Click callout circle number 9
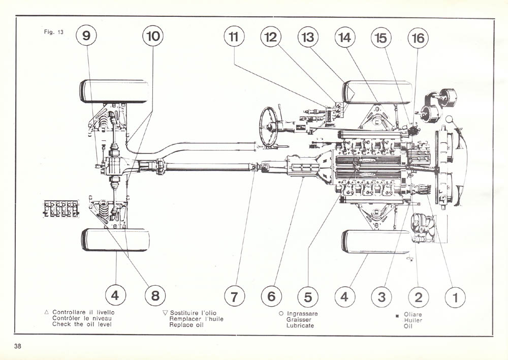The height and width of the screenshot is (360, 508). [86, 36]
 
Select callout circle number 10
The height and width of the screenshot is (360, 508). [153, 36]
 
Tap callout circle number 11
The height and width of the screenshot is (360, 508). [234, 37]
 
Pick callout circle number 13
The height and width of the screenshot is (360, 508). [308, 37]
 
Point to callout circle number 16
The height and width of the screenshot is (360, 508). [418, 38]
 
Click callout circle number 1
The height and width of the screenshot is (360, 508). [455, 296]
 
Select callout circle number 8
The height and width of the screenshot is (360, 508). [154, 295]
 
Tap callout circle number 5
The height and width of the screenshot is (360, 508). [308, 296]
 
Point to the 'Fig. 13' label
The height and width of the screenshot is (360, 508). [53, 32]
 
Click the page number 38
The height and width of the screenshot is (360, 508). [18, 346]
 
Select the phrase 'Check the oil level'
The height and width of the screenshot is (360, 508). [82, 324]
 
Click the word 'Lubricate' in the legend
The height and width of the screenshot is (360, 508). [300, 325]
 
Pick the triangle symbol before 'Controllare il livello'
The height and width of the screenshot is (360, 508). [47, 312]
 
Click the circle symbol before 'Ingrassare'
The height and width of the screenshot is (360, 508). [281, 314]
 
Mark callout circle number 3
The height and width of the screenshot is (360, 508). [382, 296]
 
